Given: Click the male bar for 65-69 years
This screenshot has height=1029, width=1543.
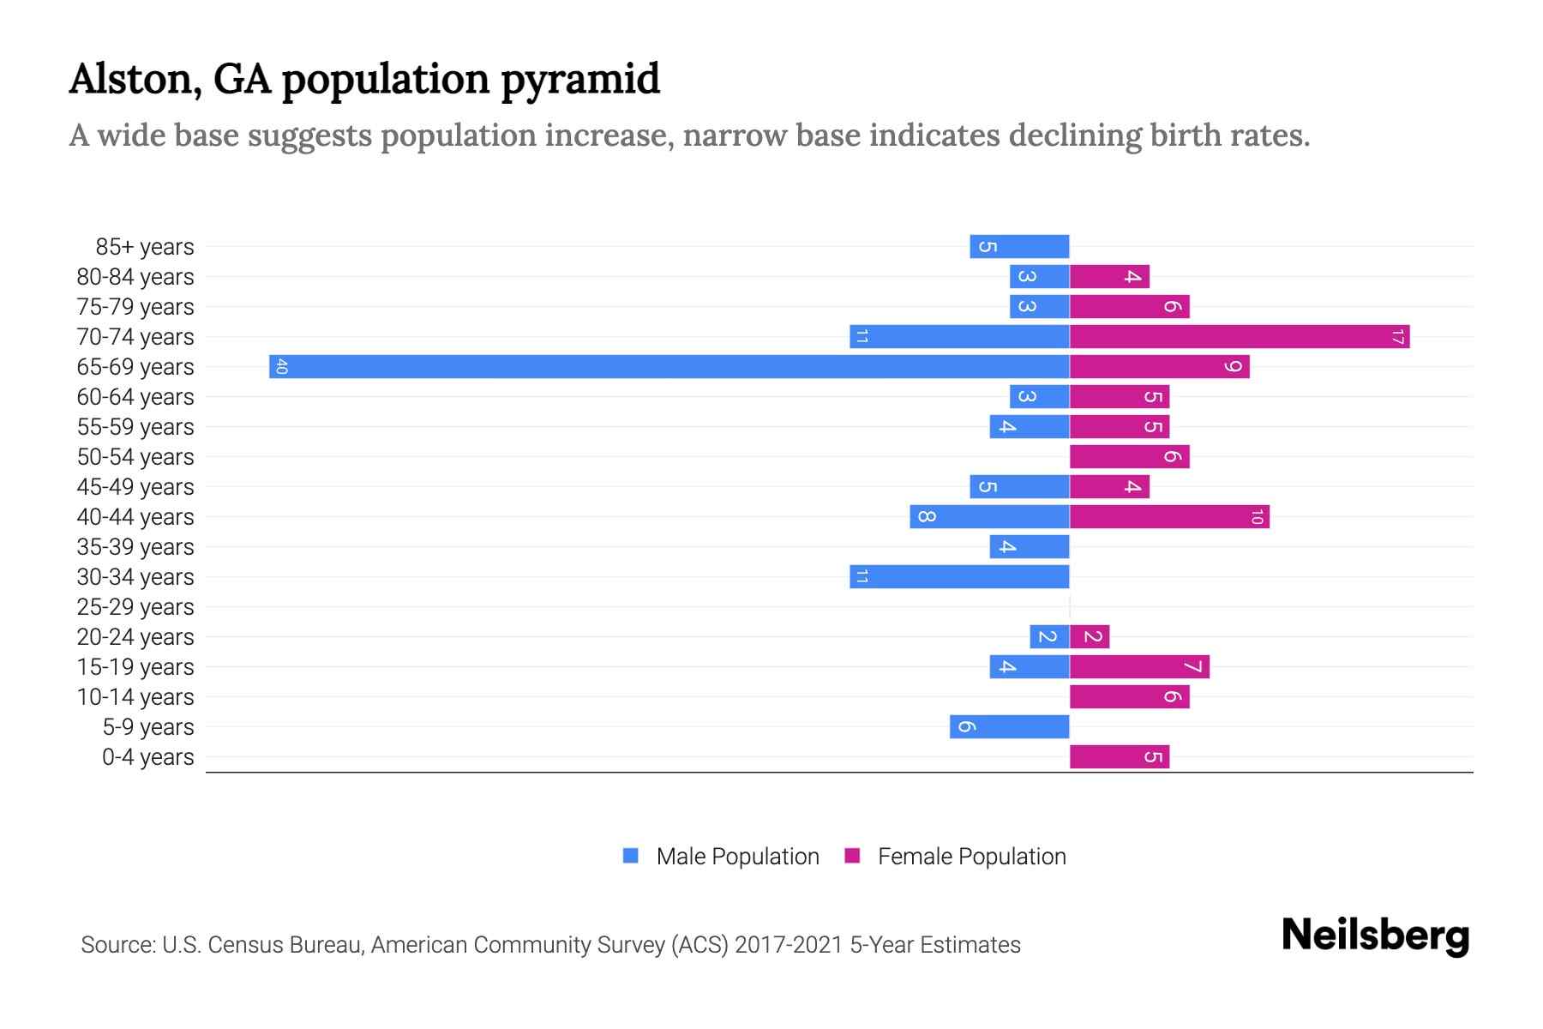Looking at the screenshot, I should (x=669, y=367).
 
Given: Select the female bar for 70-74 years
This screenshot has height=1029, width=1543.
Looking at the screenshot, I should (x=1239, y=337).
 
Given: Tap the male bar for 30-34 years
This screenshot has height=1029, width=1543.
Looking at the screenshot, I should (x=959, y=577).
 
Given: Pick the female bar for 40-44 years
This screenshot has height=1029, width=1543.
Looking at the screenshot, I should (x=1169, y=517).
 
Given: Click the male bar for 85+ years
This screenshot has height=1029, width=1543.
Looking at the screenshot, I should (x=1019, y=247).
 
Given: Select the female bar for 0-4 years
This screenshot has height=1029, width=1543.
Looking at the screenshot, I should (x=1119, y=757).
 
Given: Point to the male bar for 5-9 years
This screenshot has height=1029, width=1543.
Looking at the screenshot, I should (x=1009, y=727).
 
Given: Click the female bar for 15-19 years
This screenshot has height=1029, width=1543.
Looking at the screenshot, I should (x=1139, y=667).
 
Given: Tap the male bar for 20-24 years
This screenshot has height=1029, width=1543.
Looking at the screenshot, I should (x=1049, y=637).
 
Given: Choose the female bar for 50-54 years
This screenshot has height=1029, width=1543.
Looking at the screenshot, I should (x=1129, y=457).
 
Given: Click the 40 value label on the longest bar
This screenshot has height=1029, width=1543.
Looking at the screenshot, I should (x=282, y=367).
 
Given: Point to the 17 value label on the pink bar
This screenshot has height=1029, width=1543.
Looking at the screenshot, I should (x=1397, y=337).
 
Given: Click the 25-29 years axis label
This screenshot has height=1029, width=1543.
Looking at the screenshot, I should (x=135, y=607).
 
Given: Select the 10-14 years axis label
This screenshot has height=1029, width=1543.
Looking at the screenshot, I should (x=135, y=697).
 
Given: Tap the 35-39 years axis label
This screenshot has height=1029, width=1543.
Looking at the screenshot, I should (x=135, y=547).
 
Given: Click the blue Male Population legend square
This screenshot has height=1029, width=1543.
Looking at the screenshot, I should (x=631, y=856).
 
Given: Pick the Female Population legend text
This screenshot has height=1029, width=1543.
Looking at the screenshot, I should (x=971, y=857).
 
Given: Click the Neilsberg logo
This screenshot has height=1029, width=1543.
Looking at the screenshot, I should (x=1375, y=936).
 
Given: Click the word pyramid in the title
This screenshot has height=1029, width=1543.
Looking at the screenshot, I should (x=580, y=80).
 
